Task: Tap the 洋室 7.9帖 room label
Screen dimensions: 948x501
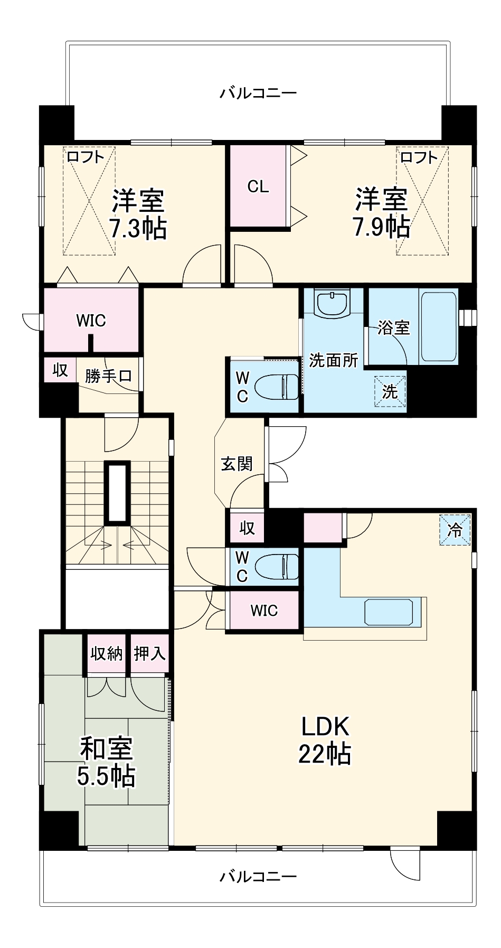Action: pos(381,213)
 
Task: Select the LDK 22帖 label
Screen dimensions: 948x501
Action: pos(325,740)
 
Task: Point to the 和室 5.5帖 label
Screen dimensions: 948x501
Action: pos(106,762)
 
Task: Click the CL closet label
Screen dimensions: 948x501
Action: pos(258,186)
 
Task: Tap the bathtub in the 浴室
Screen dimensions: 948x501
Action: pos(439,325)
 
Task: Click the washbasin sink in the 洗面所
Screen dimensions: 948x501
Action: pos(332,304)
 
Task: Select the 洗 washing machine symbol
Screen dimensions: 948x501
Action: pos(390,391)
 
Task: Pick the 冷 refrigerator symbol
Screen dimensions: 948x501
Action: pos(455,530)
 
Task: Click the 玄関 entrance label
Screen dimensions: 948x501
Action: pos(237,464)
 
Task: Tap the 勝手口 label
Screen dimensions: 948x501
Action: pos(108,376)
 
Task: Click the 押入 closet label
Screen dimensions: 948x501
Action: pos(149,654)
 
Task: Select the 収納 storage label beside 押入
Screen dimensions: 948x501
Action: pos(107,654)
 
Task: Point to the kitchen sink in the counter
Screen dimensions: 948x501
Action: pos(389,612)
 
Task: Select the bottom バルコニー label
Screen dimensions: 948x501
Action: pos(258,877)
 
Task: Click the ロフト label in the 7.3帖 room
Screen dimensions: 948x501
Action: pos(85,157)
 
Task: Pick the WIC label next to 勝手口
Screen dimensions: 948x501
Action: pos(91,321)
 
